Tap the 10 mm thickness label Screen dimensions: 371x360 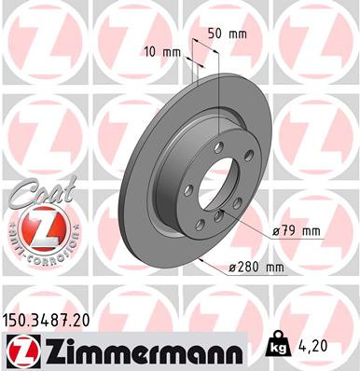coord(159,52)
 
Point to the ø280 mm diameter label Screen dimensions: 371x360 coord(256,268)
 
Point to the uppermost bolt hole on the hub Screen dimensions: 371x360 coord(218,146)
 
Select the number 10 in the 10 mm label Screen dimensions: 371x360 coord(152,52)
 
